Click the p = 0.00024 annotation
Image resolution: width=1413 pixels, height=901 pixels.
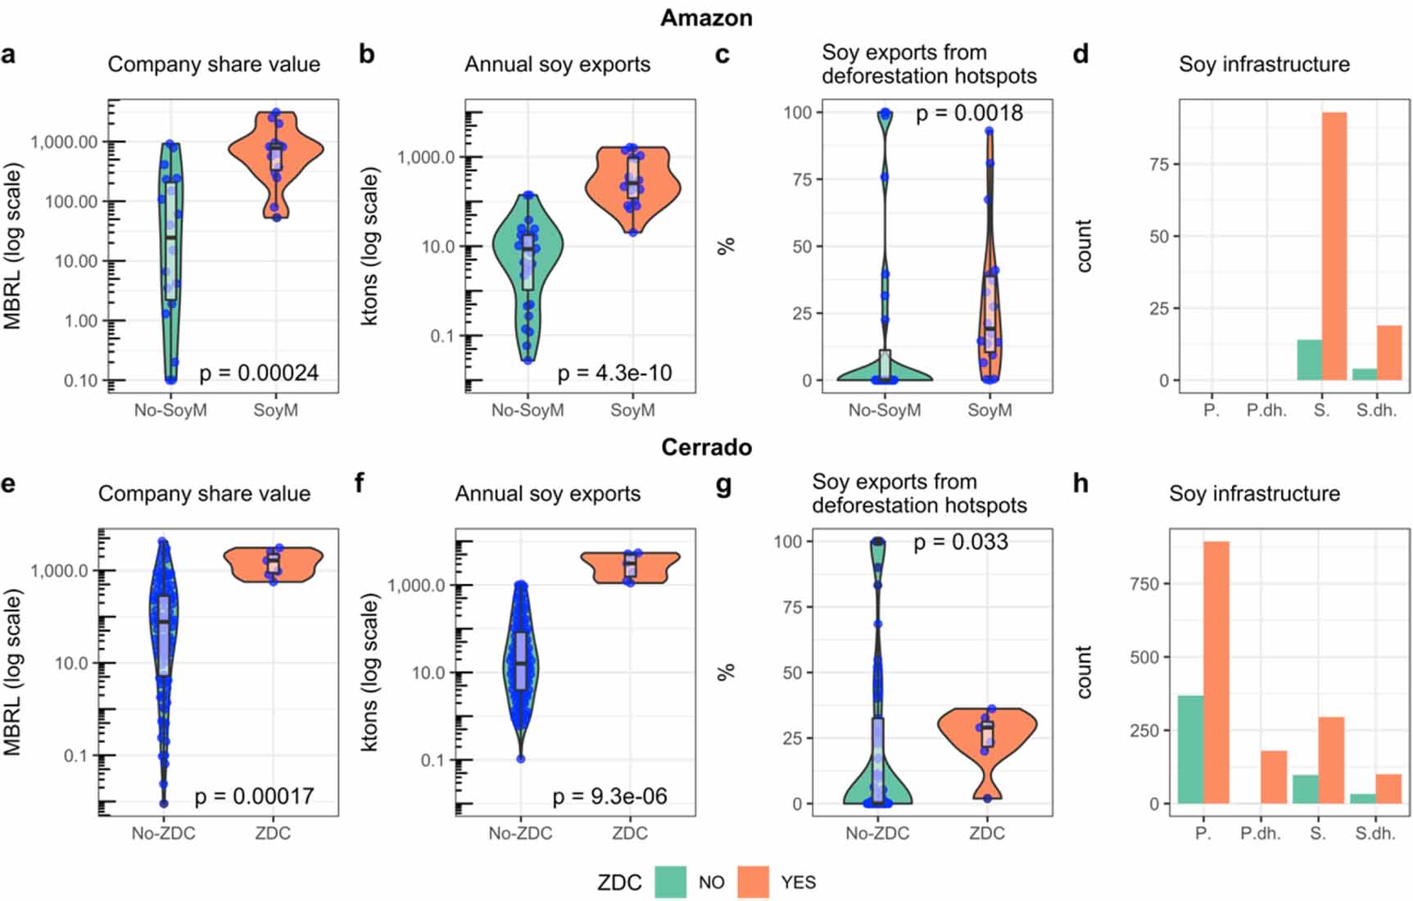click(x=258, y=374)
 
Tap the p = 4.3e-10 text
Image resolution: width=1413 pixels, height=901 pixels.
click(x=614, y=374)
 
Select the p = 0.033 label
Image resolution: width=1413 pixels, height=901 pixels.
click(x=960, y=542)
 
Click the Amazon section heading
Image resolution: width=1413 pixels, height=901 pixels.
click(x=706, y=18)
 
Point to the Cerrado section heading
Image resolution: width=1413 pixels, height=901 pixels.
click(x=706, y=447)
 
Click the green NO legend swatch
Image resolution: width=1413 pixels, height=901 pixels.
click(x=670, y=882)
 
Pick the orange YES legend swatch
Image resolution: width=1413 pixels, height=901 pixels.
click(x=753, y=882)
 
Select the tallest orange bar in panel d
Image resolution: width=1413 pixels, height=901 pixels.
click(x=1334, y=246)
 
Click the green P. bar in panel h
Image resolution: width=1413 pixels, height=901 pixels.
click(x=1190, y=749)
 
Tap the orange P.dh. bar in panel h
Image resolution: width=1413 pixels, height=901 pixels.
click(x=1273, y=776)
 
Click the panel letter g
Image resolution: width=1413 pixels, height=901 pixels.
click(x=723, y=484)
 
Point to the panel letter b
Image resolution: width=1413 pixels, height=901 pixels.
click(x=367, y=54)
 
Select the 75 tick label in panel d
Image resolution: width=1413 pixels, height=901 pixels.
click(x=1158, y=164)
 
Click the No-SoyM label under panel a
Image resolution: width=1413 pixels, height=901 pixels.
click(x=170, y=410)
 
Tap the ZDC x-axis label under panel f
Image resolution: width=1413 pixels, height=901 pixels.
click(x=629, y=834)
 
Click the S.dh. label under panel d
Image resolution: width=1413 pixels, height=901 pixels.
click(x=1376, y=410)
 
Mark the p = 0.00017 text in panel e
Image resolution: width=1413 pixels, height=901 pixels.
click(x=254, y=796)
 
